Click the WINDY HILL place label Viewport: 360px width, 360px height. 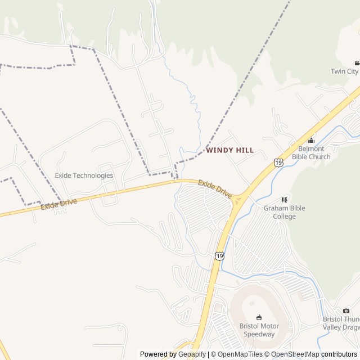229,150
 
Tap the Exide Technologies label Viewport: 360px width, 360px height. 84,175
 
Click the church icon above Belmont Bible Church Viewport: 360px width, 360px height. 311,141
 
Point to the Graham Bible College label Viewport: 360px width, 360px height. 285,212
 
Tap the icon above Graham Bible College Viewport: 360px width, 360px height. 285,200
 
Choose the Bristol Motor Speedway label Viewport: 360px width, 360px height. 259,330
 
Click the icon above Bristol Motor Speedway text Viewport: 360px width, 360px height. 259,318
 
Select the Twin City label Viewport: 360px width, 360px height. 344,71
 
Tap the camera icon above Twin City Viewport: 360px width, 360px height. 357,63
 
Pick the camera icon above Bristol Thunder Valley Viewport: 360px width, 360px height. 346,310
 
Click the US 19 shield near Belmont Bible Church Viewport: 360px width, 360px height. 278,163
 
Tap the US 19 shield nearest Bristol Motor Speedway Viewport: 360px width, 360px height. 219,256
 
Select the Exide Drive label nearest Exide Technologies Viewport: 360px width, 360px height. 58,204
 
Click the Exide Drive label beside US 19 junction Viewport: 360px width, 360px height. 215,188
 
